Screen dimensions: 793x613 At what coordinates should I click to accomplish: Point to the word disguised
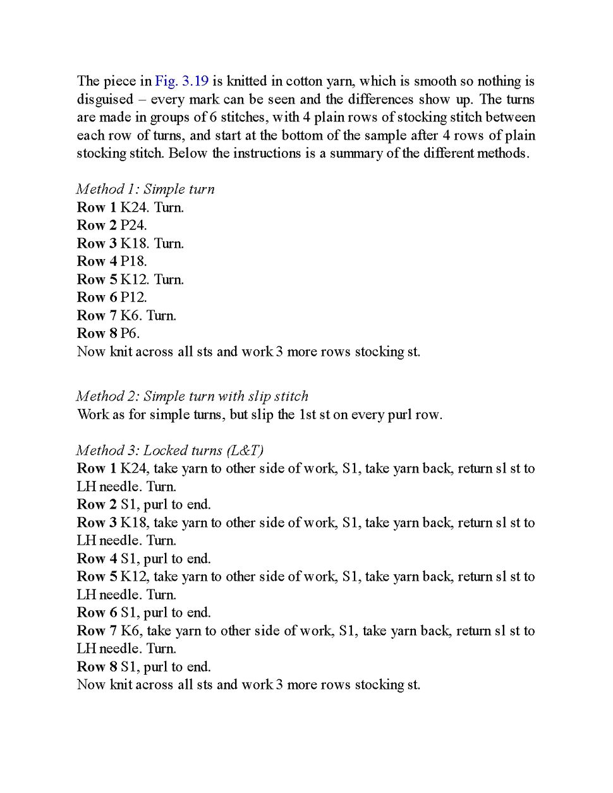pos(105,99)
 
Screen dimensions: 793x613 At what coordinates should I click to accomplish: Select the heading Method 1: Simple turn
pos(145,189)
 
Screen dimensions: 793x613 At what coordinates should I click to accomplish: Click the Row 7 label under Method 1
pos(97,315)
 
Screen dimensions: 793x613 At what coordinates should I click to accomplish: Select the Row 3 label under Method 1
pos(97,243)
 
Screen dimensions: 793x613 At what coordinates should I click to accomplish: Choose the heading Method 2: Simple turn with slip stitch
pos(192,396)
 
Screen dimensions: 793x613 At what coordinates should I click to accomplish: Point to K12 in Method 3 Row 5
pos(133,576)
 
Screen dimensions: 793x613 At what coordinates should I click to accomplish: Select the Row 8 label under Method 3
pos(97,667)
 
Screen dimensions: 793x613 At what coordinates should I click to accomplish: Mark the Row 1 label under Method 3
pos(97,468)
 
